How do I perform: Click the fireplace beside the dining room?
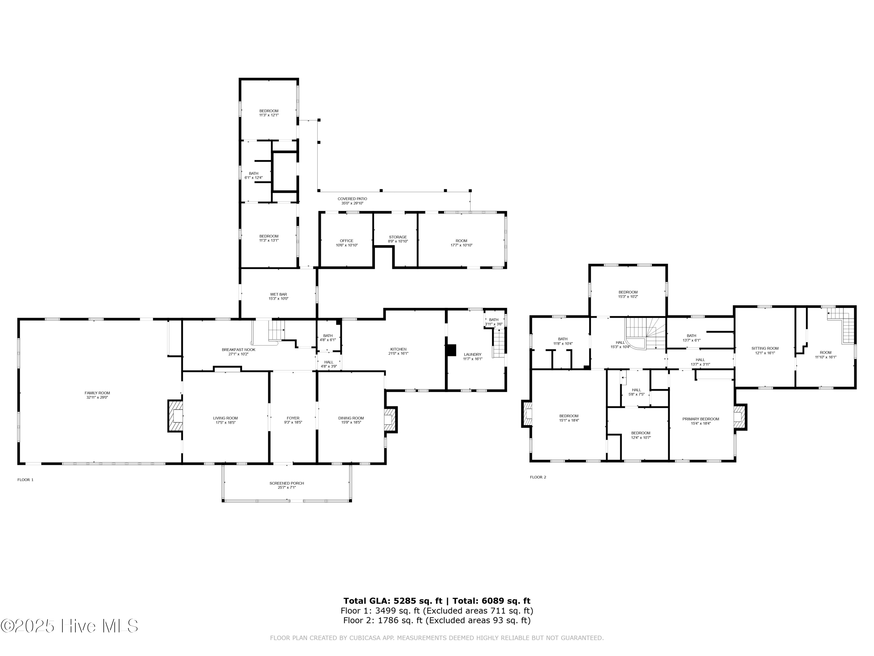[390, 419]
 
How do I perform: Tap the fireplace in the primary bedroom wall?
[740, 417]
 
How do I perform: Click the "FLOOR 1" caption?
[26, 480]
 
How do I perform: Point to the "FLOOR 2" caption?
[538, 477]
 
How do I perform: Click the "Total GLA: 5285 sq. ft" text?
[393, 601]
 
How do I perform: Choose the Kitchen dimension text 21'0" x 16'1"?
[398, 353]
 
